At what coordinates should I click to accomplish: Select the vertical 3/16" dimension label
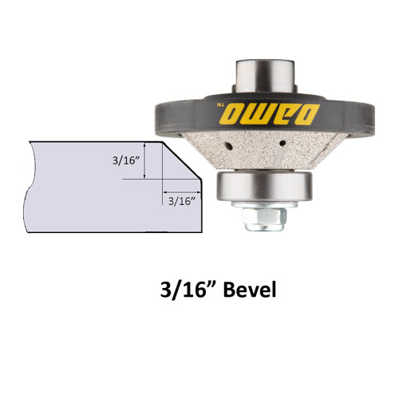click(x=127, y=160)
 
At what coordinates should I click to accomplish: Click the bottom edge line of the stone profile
click(x=112, y=233)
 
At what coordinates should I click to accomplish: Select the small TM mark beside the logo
click(x=218, y=105)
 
